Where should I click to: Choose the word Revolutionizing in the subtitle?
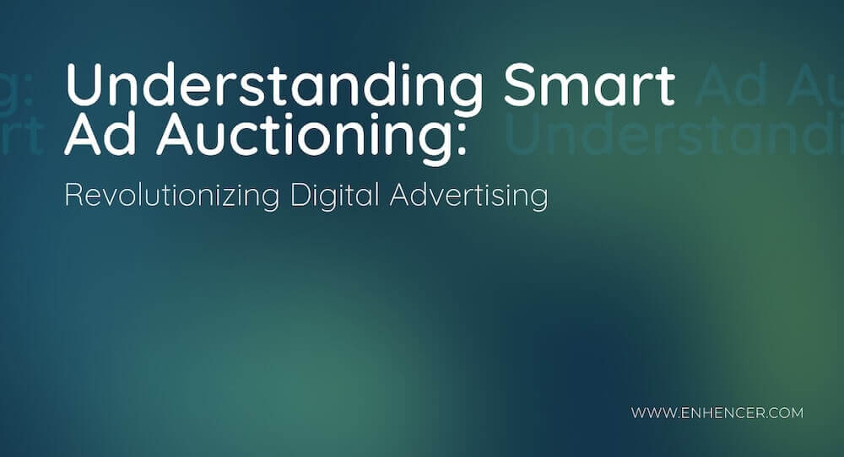[x=172, y=196]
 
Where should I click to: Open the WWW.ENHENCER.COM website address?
[x=717, y=413]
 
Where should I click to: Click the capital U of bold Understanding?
[x=85, y=84]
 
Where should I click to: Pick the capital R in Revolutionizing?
[x=74, y=196]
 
